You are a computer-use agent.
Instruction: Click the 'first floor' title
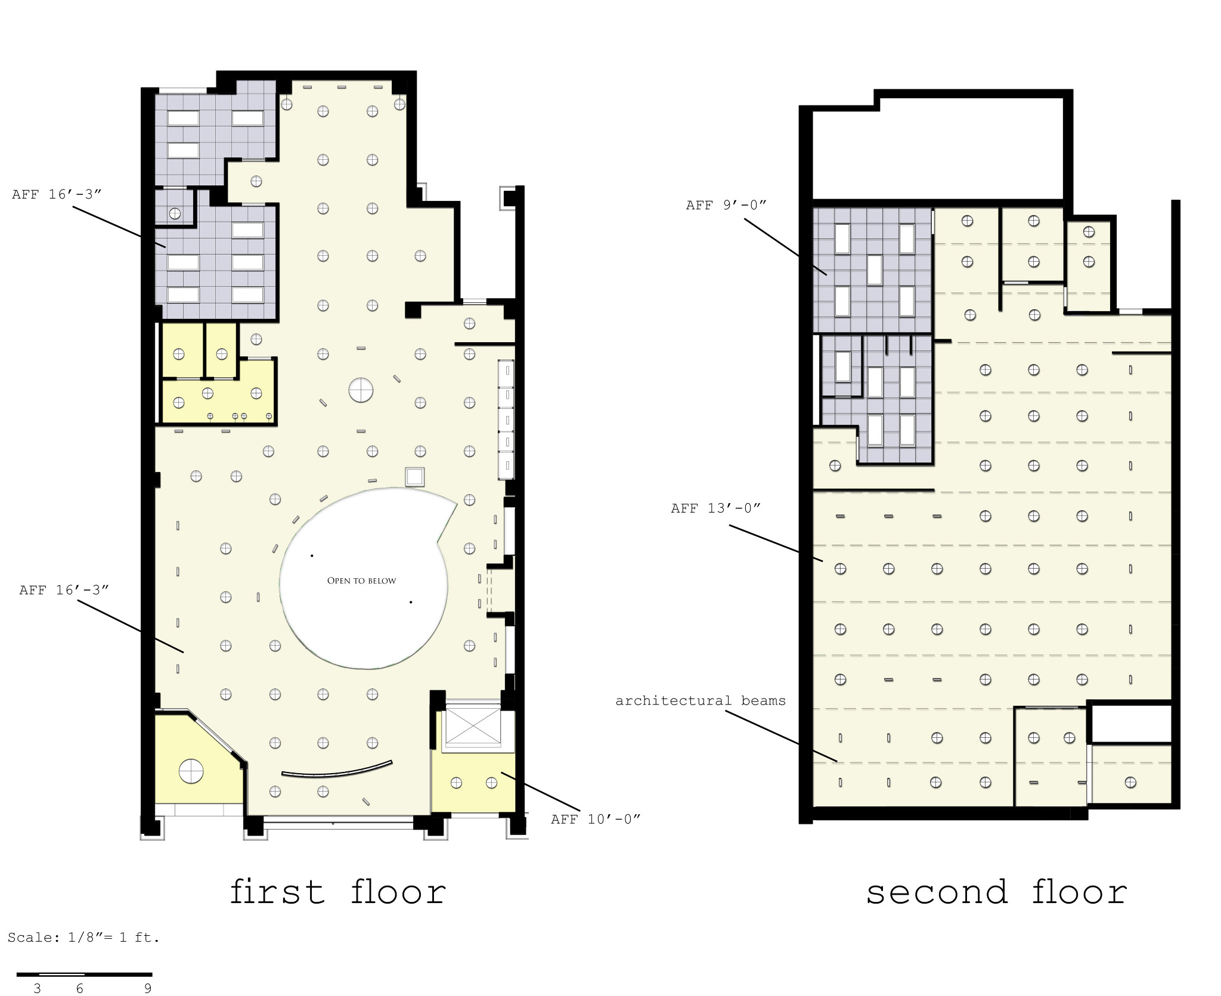click(x=338, y=892)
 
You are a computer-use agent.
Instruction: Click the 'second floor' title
click(x=996, y=892)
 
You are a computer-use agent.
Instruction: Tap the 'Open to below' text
click(x=361, y=581)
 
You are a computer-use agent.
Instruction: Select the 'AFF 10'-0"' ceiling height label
click(x=595, y=819)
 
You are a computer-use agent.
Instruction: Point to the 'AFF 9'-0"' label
click(x=726, y=205)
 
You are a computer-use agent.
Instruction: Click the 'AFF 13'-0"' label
click(x=715, y=508)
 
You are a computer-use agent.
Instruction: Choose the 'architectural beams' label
click(x=701, y=700)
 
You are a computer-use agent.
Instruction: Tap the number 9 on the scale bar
click(x=148, y=988)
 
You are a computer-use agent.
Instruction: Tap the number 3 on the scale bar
click(x=38, y=988)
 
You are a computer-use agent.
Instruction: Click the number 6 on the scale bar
click(x=79, y=988)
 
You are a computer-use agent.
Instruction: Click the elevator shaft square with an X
click(x=473, y=725)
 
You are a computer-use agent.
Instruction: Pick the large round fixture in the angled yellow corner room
click(x=191, y=771)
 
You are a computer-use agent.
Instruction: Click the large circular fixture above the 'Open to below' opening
click(x=361, y=390)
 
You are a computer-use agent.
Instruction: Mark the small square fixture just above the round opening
click(x=415, y=477)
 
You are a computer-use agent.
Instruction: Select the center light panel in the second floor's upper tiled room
click(x=874, y=270)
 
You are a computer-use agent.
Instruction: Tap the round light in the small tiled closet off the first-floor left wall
click(x=175, y=213)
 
